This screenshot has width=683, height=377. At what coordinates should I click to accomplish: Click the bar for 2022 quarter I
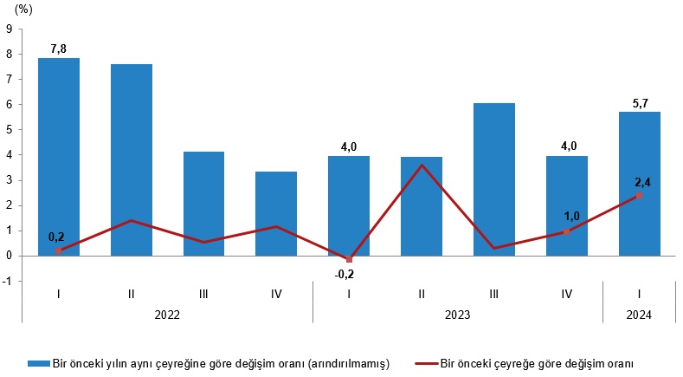(x=59, y=156)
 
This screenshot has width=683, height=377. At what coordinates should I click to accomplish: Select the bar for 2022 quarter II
(x=131, y=159)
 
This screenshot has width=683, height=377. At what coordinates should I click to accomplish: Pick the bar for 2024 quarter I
(x=639, y=183)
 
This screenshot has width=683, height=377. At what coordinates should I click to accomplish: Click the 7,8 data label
(x=59, y=49)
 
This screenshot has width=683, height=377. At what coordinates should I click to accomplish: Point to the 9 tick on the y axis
(x=9, y=29)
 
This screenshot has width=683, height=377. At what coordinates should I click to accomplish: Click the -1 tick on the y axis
(x=7, y=281)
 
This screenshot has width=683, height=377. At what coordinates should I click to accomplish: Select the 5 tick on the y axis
(x=9, y=129)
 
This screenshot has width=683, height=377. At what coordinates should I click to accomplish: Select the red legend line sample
(x=426, y=361)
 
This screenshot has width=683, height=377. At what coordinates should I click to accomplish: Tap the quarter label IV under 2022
(x=276, y=294)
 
